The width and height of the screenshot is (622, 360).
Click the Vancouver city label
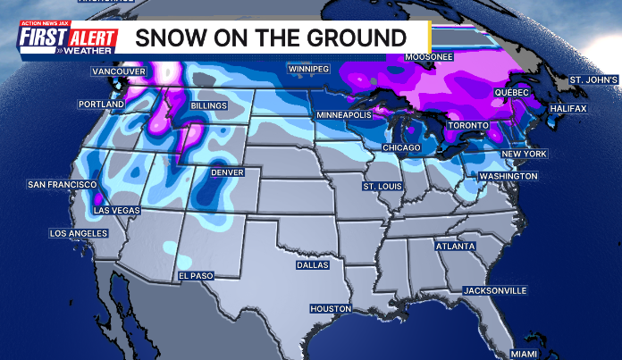coord(119,71)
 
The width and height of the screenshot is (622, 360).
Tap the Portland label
coord(101,105)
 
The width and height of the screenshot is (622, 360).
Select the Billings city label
coord(209,105)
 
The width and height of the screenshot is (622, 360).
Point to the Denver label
coord(227,172)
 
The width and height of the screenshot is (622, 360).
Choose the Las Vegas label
coord(116,212)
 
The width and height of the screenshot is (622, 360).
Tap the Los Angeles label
coord(79,233)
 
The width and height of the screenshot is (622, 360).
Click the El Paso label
coord(196,276)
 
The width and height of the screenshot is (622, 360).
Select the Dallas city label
coord(313,265)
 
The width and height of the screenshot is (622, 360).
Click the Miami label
coord(525,354)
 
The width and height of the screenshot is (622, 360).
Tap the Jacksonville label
coord(495,290)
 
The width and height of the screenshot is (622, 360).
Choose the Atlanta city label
coord(455,246)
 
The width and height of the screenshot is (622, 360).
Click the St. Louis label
coord(382,187)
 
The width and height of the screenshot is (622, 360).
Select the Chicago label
coord(400,147)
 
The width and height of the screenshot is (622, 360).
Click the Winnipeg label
coord(308,69)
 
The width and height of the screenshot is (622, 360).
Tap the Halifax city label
coord(567,108)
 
